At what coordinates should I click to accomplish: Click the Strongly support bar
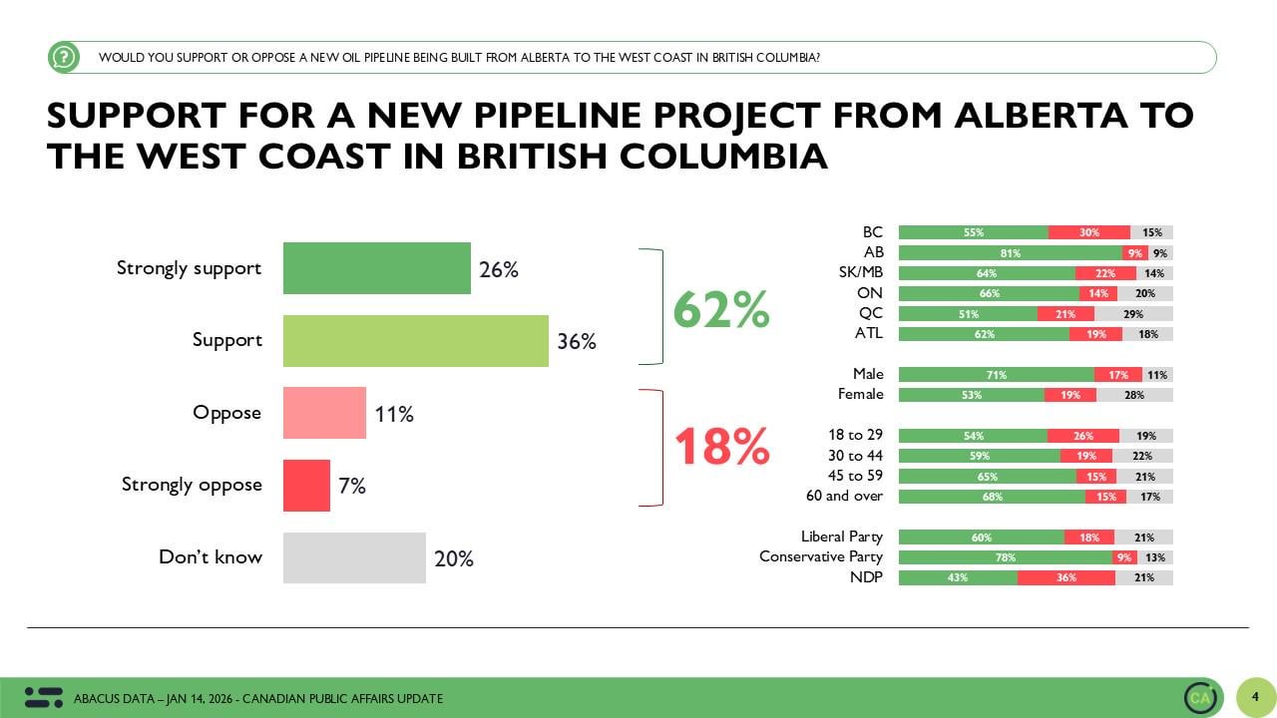coord(376,268)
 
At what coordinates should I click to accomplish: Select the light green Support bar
coord(415,341)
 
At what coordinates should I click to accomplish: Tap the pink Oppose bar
coord(324,413)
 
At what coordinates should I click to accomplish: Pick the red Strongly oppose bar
coord(306,486)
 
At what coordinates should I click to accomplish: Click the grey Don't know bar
coord(354,557)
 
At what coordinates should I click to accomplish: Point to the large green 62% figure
coord(720,309)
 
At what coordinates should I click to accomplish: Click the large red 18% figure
coord(721,447)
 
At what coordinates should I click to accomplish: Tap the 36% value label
coord(577,342)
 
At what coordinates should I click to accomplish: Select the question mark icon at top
coord(64,57)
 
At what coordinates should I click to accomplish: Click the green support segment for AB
coord(1010,253)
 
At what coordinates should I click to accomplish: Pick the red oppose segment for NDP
coord(1065,577)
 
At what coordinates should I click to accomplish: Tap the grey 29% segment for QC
coord(1133,314)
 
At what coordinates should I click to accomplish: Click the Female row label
coord(860,395)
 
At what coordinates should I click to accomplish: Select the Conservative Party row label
coord(821,556)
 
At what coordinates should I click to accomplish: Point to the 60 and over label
coord(844,496)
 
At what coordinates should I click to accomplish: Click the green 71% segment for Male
coord(996,375)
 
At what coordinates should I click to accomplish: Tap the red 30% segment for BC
coord(1088,232)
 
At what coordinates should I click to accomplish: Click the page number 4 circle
coord(1255,697)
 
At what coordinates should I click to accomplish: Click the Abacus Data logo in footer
coord(43,698)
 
